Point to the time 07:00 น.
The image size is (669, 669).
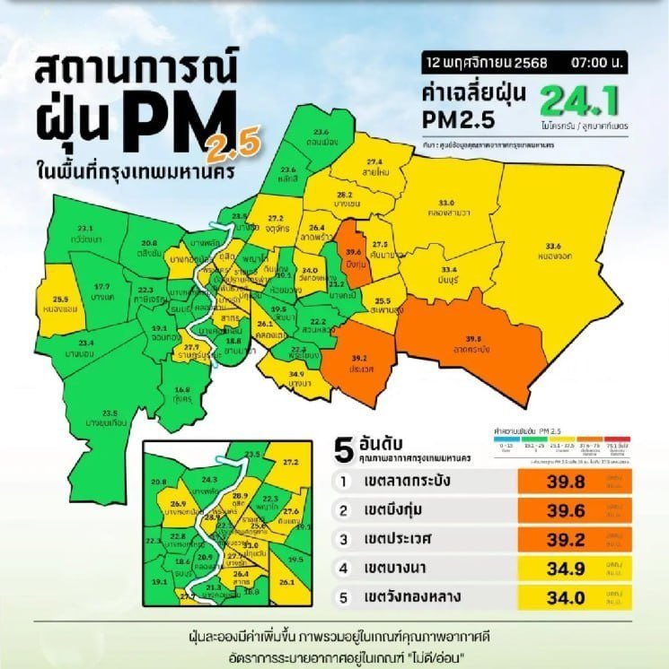(x=592, y=65)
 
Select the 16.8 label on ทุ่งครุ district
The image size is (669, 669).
(x=182, y=389)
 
